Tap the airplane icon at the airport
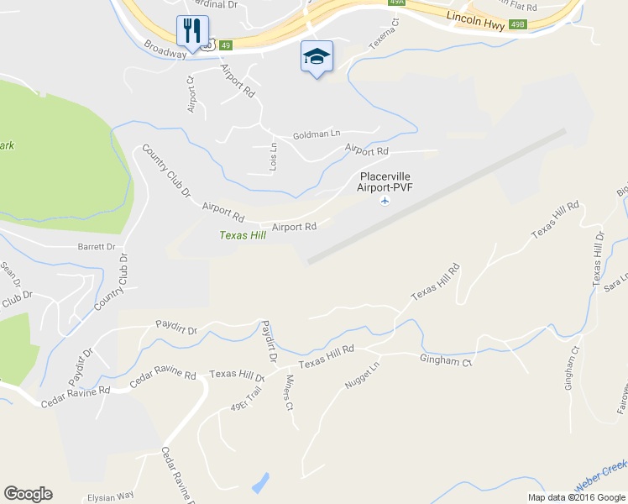click(x=385, y=202)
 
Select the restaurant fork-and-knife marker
click(x=192, y=32)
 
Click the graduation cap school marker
click(x=317, y=57)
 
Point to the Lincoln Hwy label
click(x=475, y=18)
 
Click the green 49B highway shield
click(x=519, y=25)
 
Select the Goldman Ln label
click(x=317, y=134)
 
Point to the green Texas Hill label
click(x=243, y=236)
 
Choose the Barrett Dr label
click(x=96, y=247)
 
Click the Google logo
click(x=28, y=494)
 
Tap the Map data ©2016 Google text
click(x=576, y=497)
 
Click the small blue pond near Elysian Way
click(x=260, y=483)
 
